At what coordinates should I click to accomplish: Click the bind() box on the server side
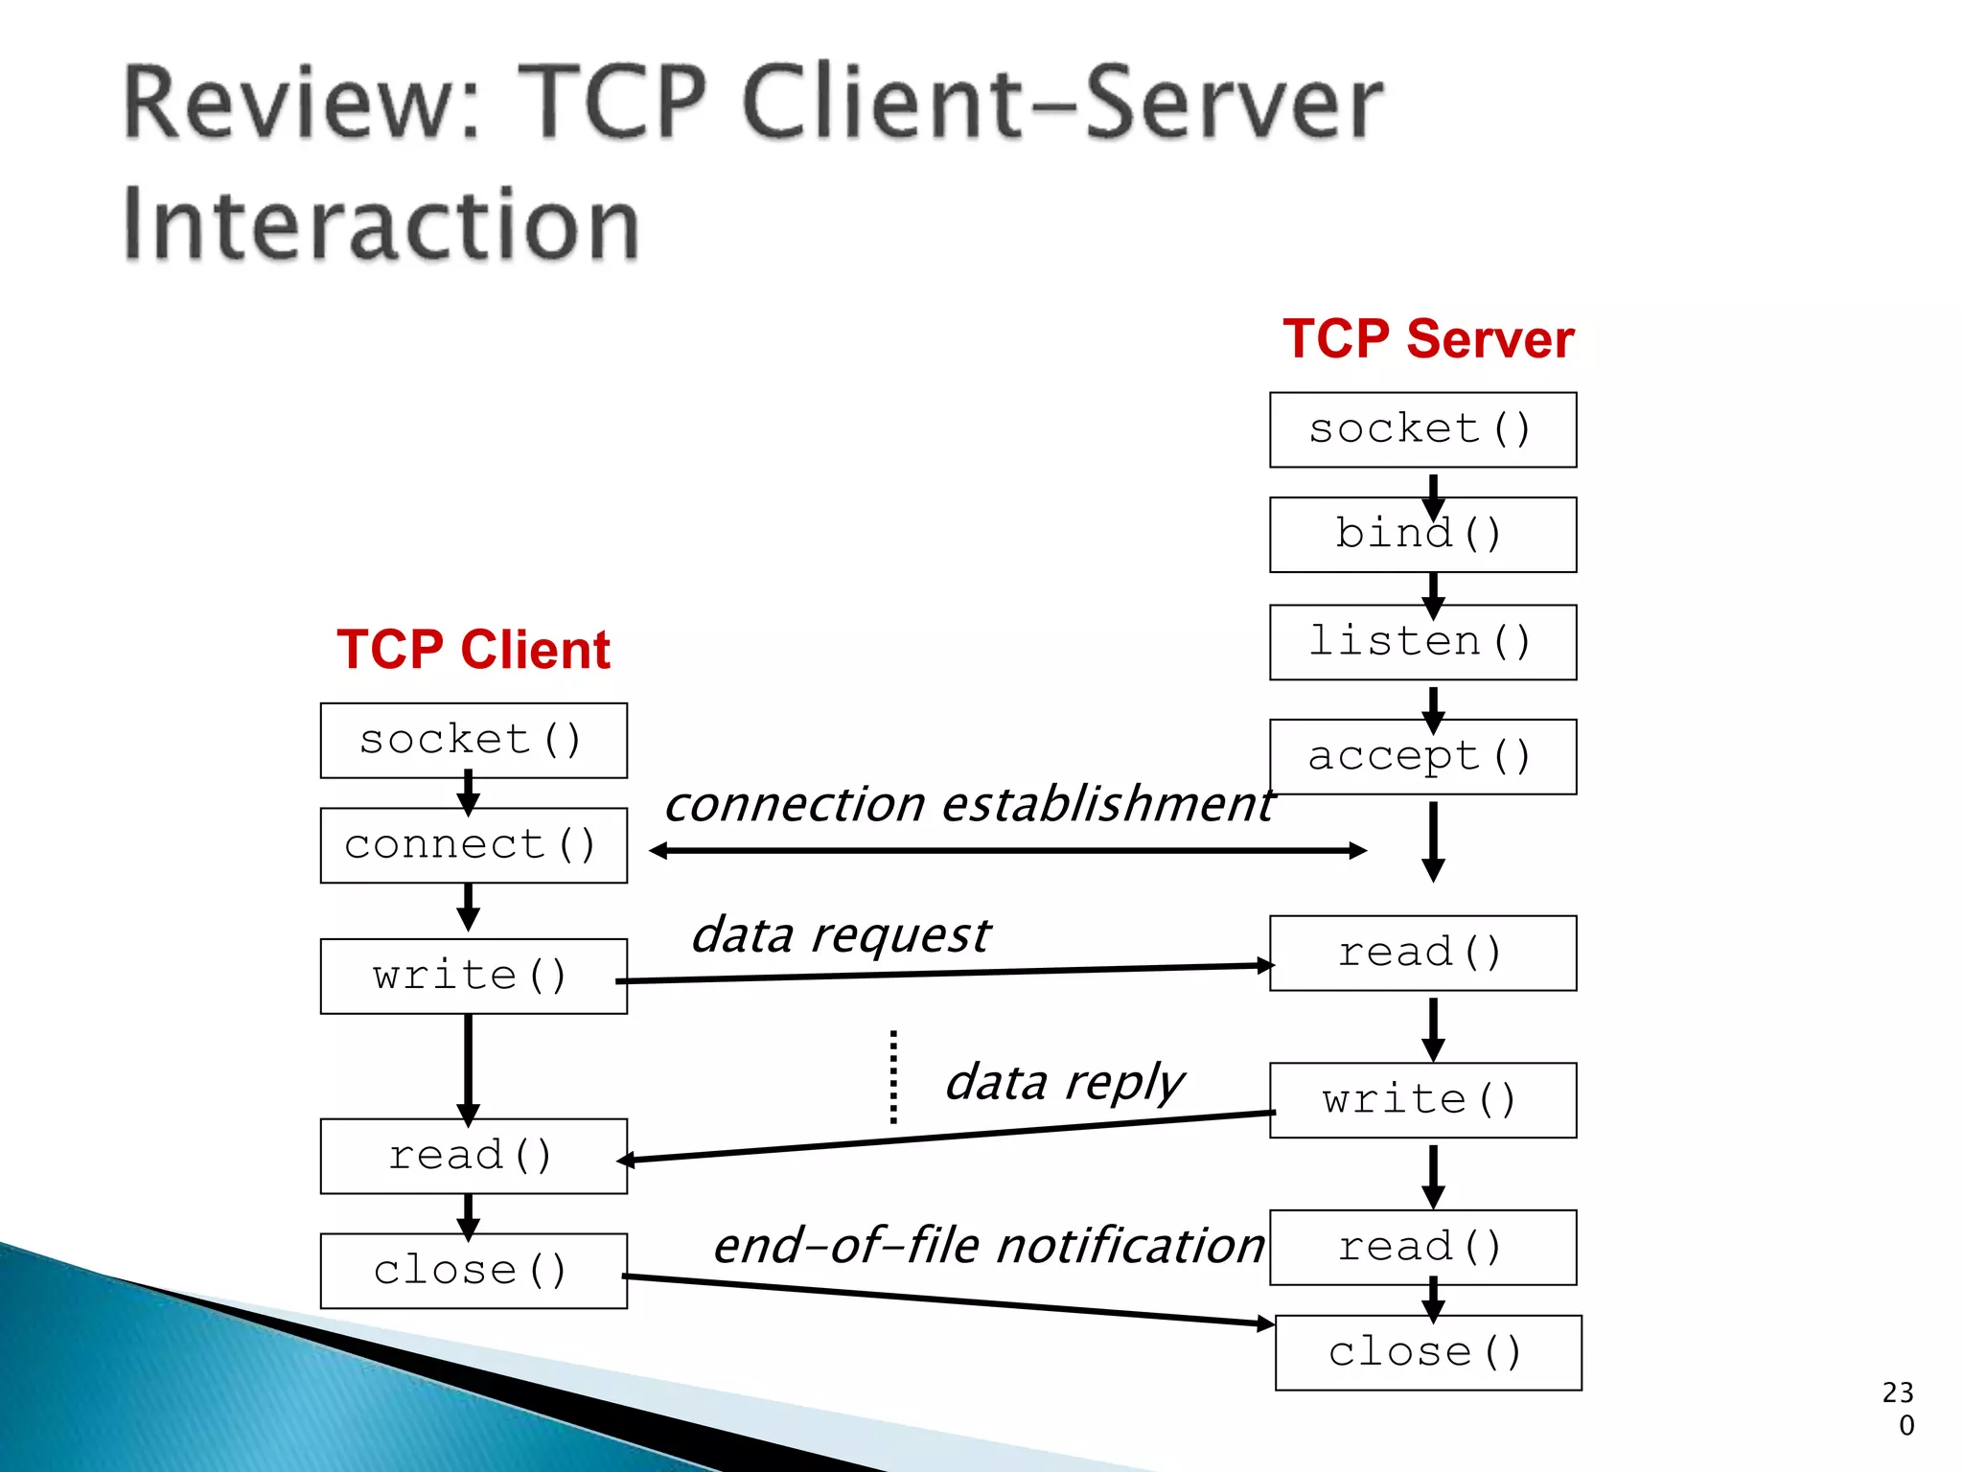point(1422,535)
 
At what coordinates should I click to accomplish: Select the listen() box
point(1422,642)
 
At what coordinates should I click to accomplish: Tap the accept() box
point(1422,757)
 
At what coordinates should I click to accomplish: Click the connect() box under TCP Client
point(473,845)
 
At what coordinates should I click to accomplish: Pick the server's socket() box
point(1422,429)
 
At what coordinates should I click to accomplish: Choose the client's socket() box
point(473,741)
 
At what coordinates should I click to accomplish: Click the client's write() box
point(473,977)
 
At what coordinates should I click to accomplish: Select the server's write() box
point(1422,1100)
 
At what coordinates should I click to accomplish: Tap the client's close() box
point(473,1271)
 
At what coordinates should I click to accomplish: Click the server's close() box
point(1428,1352)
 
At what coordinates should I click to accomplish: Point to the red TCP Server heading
point(1428,339)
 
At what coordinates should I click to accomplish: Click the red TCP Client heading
point(473,650)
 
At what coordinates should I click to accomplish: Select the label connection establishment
point(968,803)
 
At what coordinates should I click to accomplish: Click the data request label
point(841,935)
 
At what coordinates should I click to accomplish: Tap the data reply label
point(1064,1083)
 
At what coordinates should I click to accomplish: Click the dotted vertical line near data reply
point(893,1077)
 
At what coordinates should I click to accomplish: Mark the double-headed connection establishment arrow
point(1006,850)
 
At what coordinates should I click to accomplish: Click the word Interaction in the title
point(381,224)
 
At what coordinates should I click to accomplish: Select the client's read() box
point(473,1156)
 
